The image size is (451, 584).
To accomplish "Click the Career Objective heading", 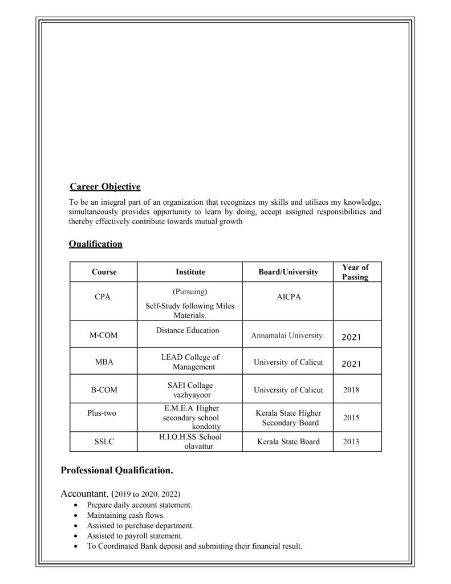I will click(105, 186).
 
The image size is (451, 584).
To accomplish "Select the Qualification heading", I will click(95, 244).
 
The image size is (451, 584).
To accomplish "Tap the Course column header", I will click(104, 272).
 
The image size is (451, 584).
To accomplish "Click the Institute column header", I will click(190, 272).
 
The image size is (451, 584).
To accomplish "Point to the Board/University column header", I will click(288, 272).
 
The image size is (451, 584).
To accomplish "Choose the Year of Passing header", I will click(355, 272).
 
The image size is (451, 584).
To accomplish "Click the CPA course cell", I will click(103, 297).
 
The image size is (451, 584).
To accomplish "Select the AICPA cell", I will click(288, 298).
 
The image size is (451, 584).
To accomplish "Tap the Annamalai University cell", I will click(288, 336).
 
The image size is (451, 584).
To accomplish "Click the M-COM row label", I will click(103, 335).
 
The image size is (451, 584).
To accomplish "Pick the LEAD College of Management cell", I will click(190, 362).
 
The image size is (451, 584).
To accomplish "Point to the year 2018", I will click(351, 390).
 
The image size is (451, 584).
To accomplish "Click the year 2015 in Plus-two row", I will click(351, 417).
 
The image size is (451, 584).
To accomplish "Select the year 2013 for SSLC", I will click(351, 441).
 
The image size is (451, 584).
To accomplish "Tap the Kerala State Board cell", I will click(288, 441).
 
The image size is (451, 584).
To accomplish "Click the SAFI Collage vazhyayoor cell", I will click(190, 390).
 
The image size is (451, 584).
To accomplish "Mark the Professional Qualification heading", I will click(117, 471).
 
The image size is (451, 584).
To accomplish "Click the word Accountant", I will click(84, 493).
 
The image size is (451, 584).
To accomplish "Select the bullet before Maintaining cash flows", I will click(76, 516).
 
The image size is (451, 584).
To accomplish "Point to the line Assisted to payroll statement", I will click(135, 536).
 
